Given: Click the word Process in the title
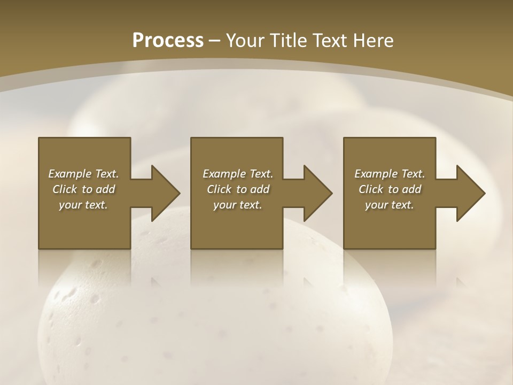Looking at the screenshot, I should pos(168,41).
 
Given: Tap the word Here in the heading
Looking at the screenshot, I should pos(372,41).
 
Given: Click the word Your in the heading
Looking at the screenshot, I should pos(245,41).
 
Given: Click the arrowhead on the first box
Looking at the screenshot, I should pos(164,193).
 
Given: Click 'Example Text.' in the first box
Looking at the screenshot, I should pos(83,174).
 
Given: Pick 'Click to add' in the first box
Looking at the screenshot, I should pos(83,189).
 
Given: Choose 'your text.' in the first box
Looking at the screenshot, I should pos(83,205).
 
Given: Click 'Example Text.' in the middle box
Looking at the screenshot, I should pos(237,174).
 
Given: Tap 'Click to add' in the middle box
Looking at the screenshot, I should pos(237,189).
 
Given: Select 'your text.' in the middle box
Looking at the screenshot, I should pos(237,205).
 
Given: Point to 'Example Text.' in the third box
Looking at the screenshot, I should pos(390,174).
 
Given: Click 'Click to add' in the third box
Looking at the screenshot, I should pos(390,189).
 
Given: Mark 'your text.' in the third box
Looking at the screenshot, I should pos(390,205).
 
